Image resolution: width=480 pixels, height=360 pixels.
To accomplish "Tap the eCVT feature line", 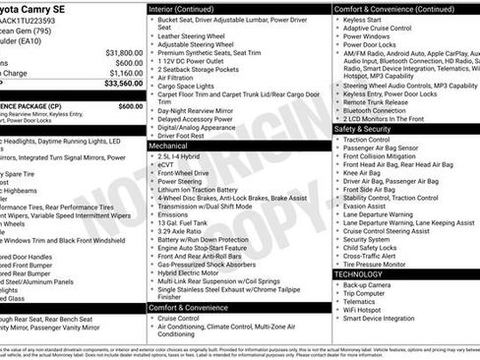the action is pos(167,164).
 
